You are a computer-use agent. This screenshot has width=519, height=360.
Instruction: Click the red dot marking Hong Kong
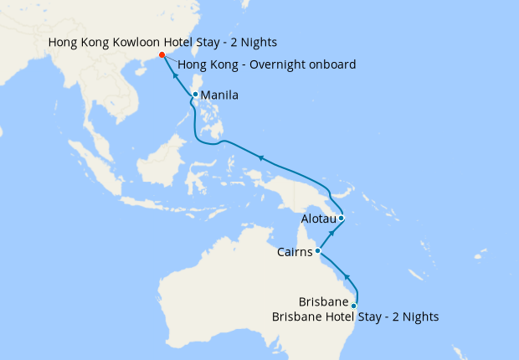point(162,56)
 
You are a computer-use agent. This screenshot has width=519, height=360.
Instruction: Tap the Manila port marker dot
point(195,95)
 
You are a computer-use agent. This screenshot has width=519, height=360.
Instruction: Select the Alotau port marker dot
point(342,219)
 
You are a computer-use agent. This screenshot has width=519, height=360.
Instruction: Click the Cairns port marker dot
point(318,250)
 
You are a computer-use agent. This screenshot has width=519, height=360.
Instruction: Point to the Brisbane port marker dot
point(354,306)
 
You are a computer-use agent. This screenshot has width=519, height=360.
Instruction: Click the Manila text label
point(219,95)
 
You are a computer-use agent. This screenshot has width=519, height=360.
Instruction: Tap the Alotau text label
point(318,219)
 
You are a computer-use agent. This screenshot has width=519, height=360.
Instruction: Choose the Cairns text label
point(295,251)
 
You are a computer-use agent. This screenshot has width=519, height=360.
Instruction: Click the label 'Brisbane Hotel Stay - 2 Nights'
point(355,316)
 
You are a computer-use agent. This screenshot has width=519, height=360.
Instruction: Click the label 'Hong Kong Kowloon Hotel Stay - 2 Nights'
point(162,42)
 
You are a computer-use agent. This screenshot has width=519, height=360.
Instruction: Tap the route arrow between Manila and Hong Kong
point(177,75)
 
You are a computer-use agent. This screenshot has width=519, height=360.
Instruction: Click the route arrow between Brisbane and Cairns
point(347,277)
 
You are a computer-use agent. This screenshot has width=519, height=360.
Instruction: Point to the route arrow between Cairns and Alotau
point(331,233)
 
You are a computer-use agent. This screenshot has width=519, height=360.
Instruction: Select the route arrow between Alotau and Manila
point(261,157)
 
